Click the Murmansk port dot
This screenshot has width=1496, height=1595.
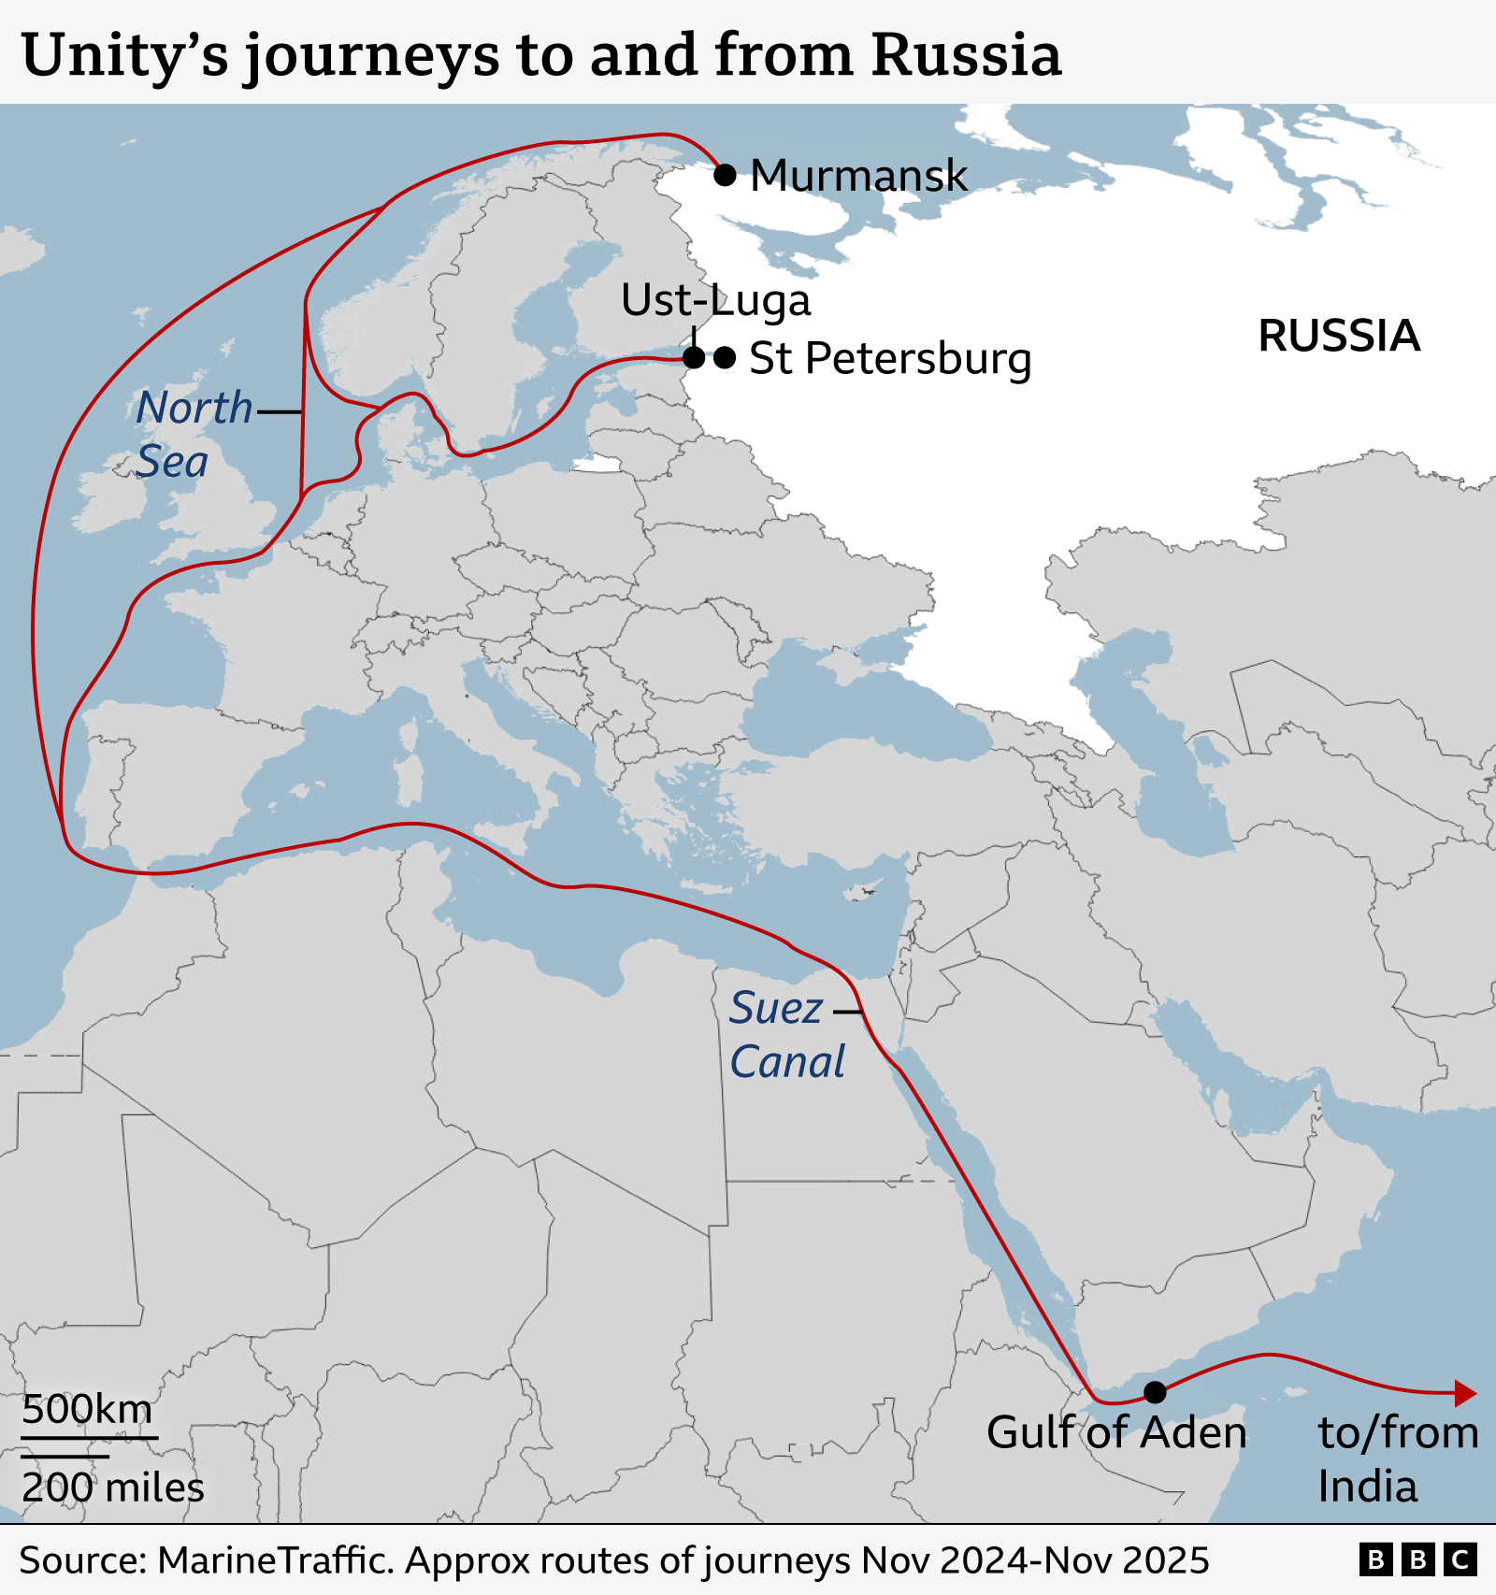click(725, 175)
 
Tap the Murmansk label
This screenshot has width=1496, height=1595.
click(858, 176)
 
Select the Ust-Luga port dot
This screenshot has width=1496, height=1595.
click(694, 357)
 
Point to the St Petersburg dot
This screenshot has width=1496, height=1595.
click(725, 357)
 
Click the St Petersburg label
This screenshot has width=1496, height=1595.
click(890, 359)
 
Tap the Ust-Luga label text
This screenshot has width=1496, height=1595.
click(715, 301)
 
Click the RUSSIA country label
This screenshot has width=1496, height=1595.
click(1339, 337)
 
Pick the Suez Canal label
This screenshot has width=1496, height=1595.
click(786, 1035)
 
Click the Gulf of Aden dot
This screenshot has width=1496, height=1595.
click(1156, 1392)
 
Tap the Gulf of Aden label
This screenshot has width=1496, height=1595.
click(1116, 1433)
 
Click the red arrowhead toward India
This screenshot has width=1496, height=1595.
click(1465, 1394)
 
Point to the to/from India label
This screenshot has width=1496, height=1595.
click(1398, 1459)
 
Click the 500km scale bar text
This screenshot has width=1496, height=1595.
click(87, 1409)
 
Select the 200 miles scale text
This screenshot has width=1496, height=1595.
click(113, 1487)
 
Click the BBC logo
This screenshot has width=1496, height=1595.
click(1417, 1560)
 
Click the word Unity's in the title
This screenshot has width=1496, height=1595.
click(124, 56)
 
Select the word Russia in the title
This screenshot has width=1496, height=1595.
click(966, 56)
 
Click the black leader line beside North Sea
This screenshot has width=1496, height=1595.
click(279, 411)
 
